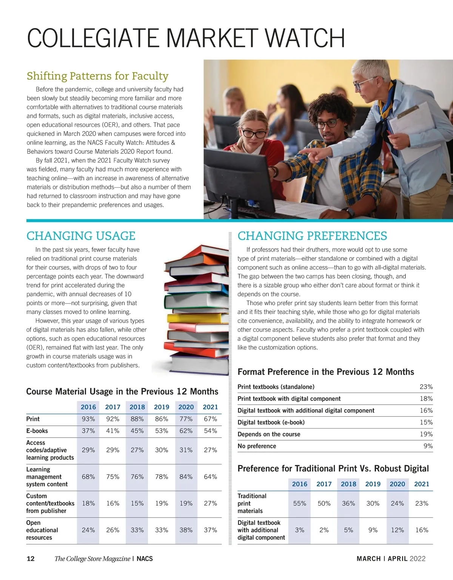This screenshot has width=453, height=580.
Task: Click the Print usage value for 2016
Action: point(88,419)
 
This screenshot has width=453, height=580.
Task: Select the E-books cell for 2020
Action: point(186,431)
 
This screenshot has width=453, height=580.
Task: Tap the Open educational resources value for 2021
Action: point(210,530)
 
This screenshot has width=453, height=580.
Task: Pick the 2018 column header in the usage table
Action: point(137,407)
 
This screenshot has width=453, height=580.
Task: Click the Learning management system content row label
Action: point(47,477)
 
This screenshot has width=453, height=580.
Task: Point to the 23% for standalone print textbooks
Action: point(426,387)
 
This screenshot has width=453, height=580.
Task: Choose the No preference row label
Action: point(257,446)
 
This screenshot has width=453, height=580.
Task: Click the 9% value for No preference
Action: point(428,446)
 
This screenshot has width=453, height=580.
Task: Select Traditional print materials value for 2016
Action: point(300,504)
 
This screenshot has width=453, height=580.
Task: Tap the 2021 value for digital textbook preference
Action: point(422,530)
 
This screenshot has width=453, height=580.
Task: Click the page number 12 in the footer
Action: point(31,559)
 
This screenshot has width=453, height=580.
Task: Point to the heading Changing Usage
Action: point(81,236)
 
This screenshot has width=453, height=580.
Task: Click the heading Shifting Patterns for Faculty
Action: point(97,76)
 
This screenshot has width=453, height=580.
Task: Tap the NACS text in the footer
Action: point(145,559)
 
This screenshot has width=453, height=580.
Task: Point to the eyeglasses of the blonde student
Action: point(254,133)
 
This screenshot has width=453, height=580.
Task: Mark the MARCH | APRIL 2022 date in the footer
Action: point(391,559)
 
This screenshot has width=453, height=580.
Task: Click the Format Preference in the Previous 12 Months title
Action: point(325,372)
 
